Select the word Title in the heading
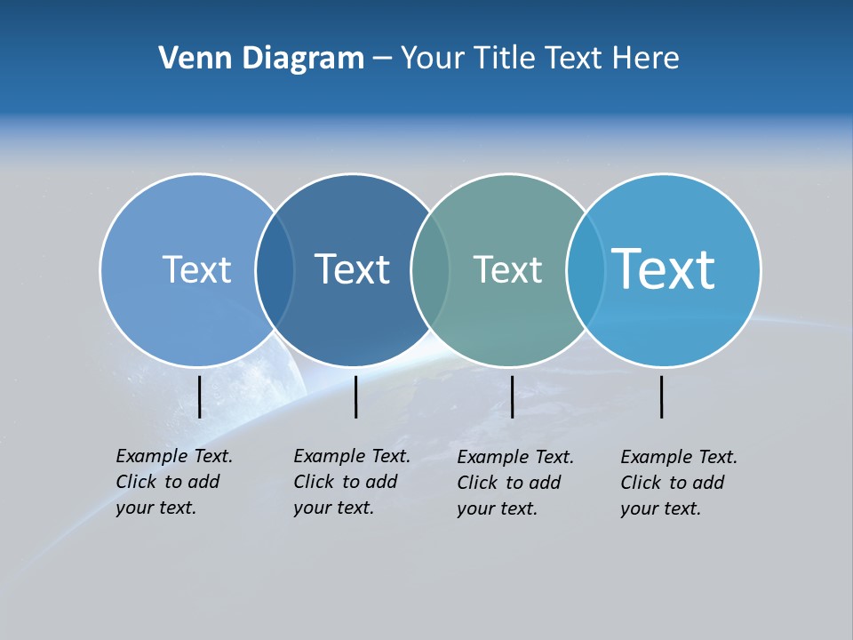click(504, 59)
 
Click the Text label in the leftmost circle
click(196, 269)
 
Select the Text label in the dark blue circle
click(352, 269)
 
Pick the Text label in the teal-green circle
click(507, 269)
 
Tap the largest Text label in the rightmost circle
click(663, 269)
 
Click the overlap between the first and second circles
click(275, 270)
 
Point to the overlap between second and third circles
click(430, 270)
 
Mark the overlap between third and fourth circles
click(585, 270)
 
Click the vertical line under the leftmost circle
click(200, 396)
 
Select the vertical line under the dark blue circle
click(355, 396)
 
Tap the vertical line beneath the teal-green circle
click(512, 396)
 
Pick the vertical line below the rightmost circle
click(662, 396)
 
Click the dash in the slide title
click(381, 60)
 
